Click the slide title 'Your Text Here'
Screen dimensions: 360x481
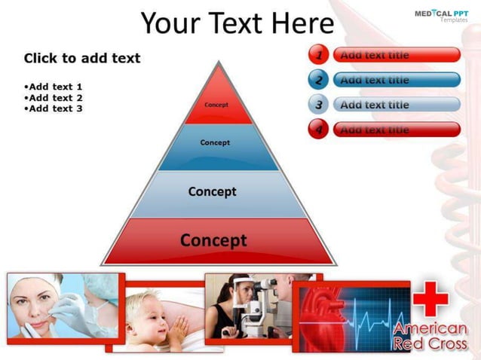(237, 23)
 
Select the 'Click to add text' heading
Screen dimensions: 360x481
(82, 58)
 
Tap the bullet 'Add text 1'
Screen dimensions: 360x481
(54, 87)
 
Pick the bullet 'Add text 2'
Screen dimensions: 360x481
(54, 98)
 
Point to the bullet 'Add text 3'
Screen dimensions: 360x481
(54, 108)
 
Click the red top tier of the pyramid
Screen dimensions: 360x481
(217, 102)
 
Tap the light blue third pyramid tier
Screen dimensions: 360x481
(213, 193)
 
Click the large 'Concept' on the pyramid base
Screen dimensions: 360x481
(213, 241)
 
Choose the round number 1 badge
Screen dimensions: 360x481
(319, 55)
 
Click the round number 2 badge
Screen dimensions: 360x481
(319, 80)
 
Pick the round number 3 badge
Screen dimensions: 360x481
(319, 105)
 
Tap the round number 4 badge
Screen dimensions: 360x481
(319, 130)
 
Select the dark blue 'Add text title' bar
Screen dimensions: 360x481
(396, 80)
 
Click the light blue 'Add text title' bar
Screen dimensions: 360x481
(396, 105)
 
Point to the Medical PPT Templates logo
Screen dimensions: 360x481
(442, 15)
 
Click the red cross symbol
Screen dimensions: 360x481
(430, 299)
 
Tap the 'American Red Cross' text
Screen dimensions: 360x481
(430, 337)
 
